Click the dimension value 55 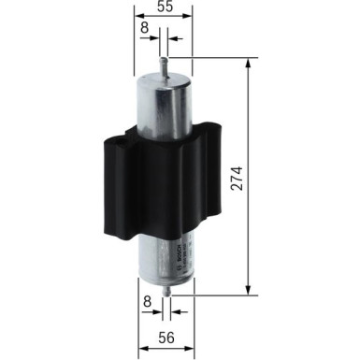tap(163, 7)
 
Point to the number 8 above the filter tap(144, 31)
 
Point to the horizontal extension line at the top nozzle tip tap(210, 59)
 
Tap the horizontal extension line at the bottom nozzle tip tap(210, 295)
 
